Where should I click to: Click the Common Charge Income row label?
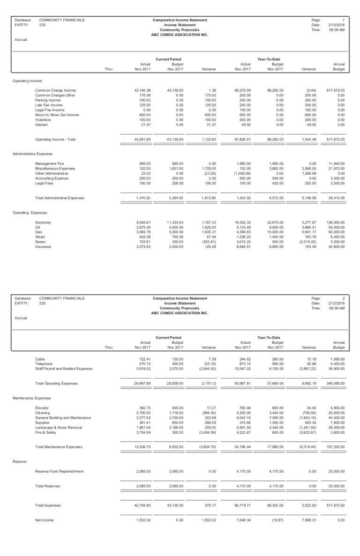coord(55,90)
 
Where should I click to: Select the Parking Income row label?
coord(48,100)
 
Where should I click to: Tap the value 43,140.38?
coord(142,90)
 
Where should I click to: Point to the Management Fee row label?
coord(49,163)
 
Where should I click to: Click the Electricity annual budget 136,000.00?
coord(335,222)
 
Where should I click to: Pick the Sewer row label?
coord(41,242)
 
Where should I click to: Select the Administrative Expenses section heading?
coord(32,154)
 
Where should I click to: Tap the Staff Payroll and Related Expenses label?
coord(64,369)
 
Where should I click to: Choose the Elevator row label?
coord(42,408)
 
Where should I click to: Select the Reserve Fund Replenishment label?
coord(59,471)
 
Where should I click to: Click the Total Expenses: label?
coord(48,505)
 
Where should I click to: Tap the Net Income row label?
coord(45,520)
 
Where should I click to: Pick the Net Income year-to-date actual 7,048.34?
coord(242,520)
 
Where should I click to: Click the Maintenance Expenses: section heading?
coord(32,398)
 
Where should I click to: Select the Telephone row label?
coord(44,363)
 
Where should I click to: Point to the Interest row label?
coord(41,125)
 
